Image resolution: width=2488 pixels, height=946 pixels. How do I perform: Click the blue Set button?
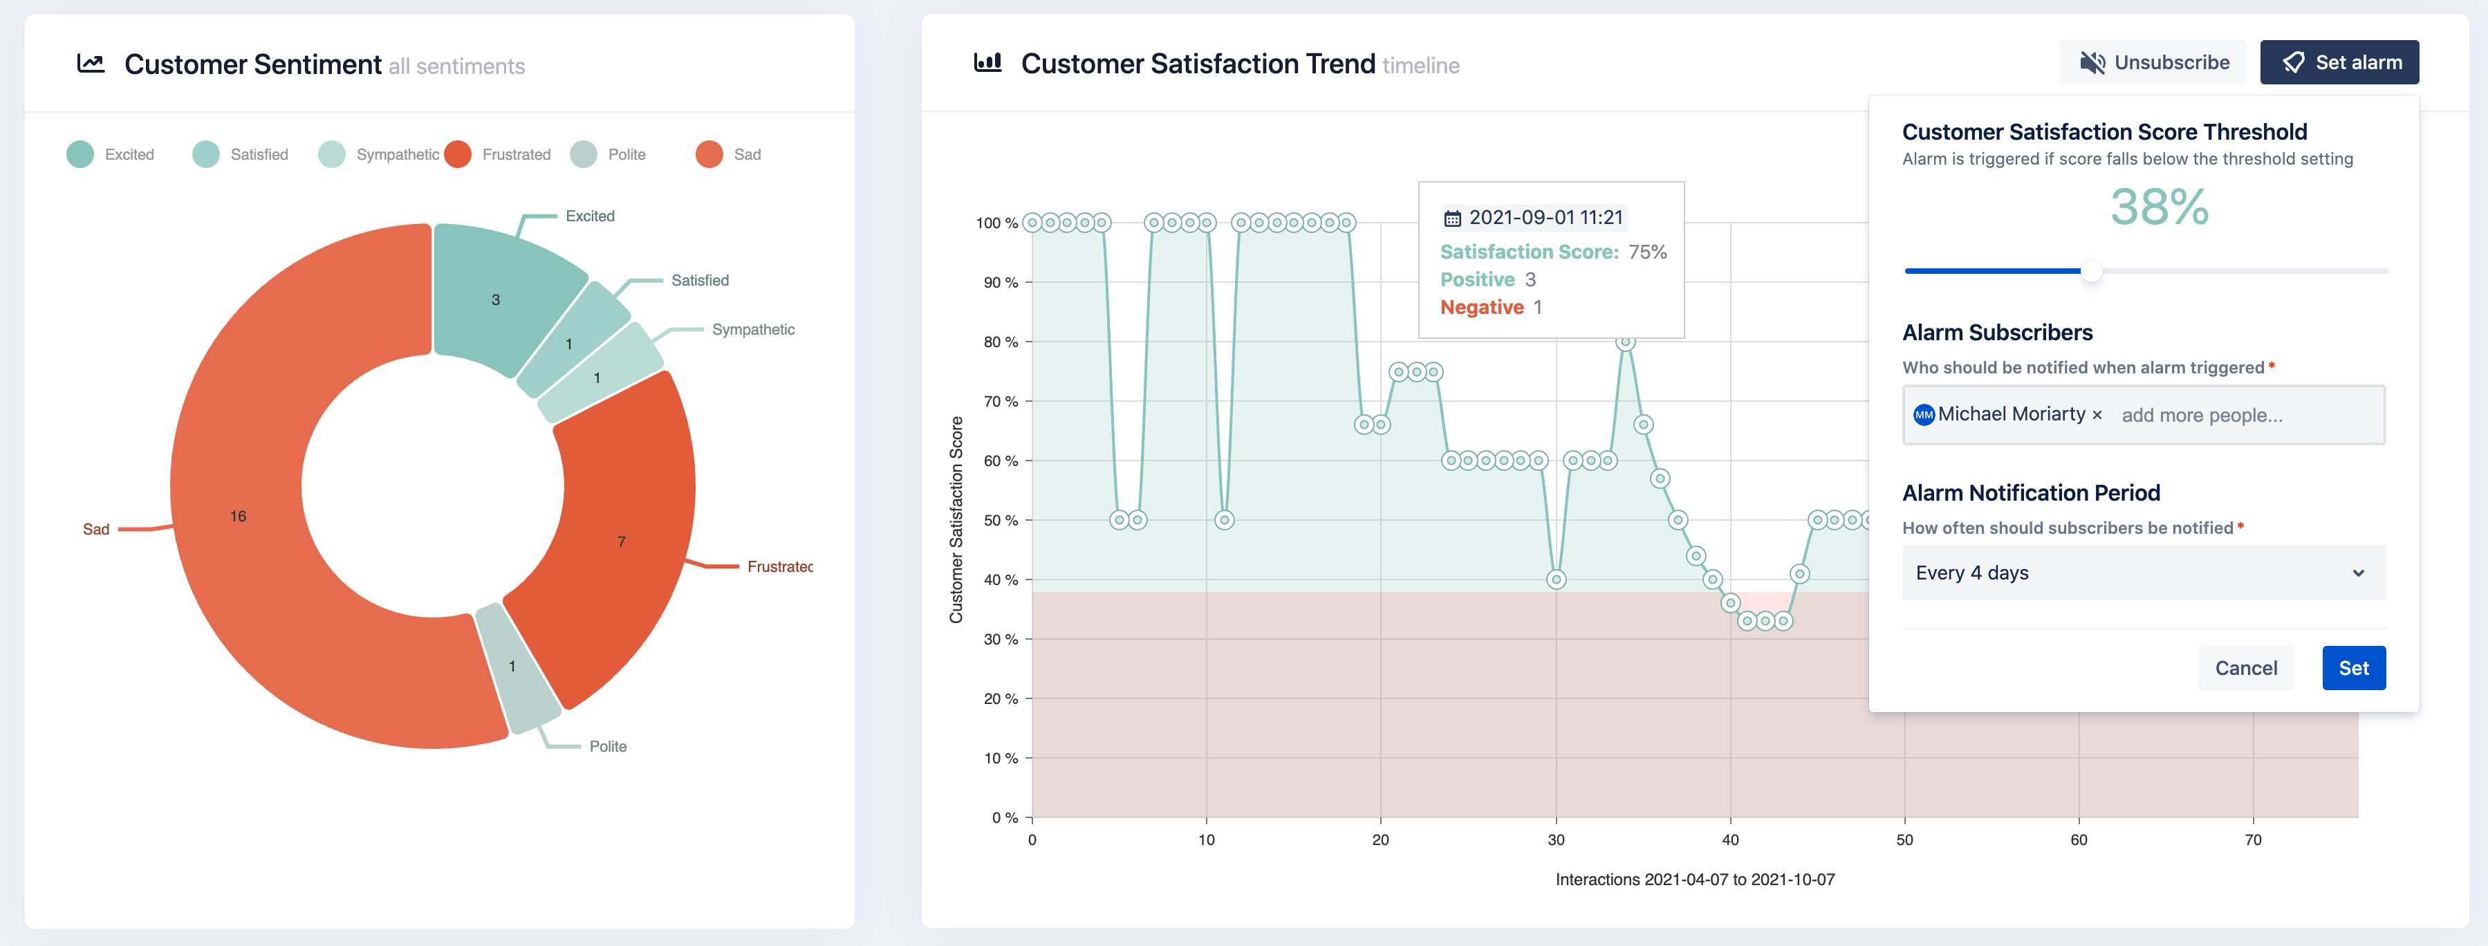tap(2352, 668)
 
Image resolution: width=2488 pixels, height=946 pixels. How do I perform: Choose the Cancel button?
tap(2245, 668)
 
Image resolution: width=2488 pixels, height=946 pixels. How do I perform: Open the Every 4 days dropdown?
tap(2142, 573)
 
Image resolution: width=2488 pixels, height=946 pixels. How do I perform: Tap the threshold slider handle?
tap(2091, 272)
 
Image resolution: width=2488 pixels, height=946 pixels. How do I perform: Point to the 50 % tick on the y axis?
tap(1001, 521)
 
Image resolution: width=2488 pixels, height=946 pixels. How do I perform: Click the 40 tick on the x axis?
tap(1730, 840)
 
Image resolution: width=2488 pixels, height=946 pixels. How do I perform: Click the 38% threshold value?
tap(2159, 207)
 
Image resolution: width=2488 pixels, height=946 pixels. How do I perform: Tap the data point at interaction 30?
tap(1556, 579)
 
